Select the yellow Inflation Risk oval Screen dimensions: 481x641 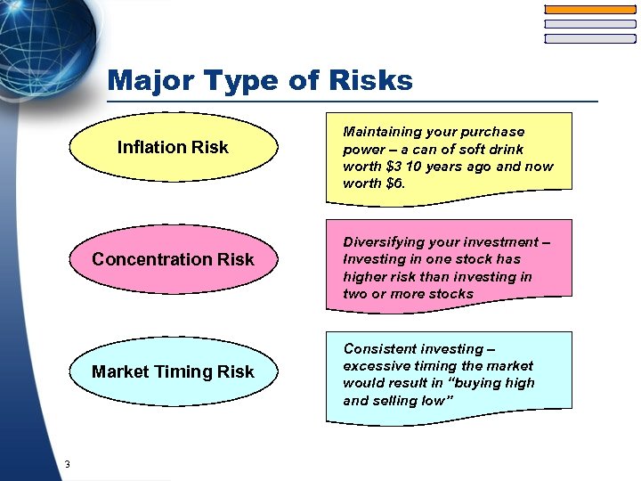pos(173,147)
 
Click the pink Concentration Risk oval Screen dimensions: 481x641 pos(173,259)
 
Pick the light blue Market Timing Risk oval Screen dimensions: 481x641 pos(173,371)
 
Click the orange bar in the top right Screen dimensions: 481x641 pos(589,9)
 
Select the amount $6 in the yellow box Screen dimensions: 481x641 pos(392,183)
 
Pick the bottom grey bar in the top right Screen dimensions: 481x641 pos(589,38)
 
